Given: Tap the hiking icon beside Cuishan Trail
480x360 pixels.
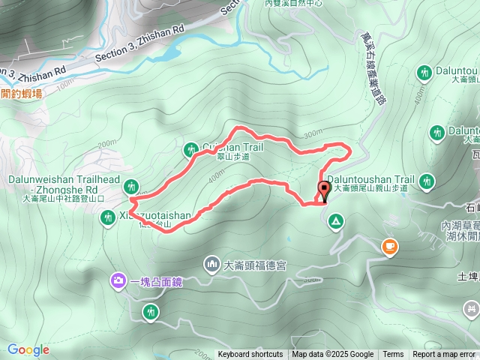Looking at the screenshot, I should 189,151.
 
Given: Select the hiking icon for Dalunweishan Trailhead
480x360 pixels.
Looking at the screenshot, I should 133,186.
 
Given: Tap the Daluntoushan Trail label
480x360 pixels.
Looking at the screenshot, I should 373,180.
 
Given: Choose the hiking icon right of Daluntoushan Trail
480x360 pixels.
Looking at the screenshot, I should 427,181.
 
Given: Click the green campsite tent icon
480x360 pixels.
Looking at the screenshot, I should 335,222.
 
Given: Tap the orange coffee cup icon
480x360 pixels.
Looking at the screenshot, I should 389,245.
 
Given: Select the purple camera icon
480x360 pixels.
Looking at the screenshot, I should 119,281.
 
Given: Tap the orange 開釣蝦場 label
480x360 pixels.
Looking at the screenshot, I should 21,93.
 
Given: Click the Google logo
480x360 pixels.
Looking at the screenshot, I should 28,349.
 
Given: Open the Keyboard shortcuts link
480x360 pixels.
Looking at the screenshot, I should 250,355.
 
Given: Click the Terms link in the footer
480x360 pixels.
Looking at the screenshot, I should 393,355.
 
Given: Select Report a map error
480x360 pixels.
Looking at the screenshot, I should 444,355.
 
